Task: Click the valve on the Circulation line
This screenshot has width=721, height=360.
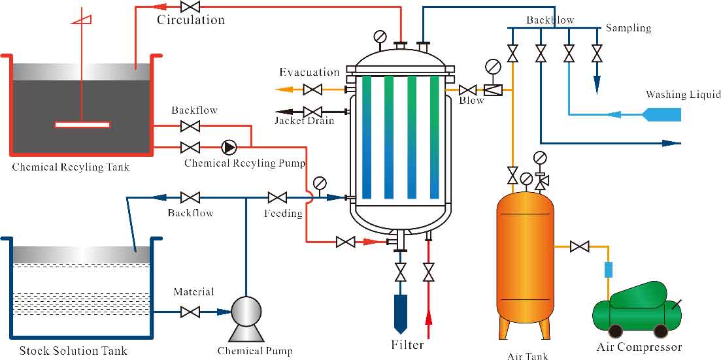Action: pyautogui.click(x=190, y=7)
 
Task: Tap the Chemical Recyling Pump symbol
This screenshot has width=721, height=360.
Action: pyautogui.click(x=229, y=146)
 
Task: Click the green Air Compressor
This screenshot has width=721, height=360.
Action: pyautogui.click(x=636, y=309)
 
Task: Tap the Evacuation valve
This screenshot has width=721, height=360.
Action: pyautogui.click(x=314, y=89)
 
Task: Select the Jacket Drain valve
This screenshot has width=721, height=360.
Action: pyautogui.click(x=314, y=112)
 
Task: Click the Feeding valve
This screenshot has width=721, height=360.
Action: pyautogui.click(x=277, y=197)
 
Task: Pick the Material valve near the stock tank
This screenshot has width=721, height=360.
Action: pyautogui.click(x=190, y=313)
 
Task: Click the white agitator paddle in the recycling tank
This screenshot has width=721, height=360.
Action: pyautogui.click(x=82, y=124)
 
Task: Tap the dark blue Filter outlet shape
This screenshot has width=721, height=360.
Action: pyautogui.click(x=400, y=313)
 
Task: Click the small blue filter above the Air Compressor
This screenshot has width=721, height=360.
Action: pyautogui.click(x=609, y=269)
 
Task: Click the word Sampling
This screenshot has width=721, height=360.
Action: pyautogui.click(x=628, y=28)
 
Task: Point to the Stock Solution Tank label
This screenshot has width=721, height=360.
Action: pyautogui.click(x=73, y=351)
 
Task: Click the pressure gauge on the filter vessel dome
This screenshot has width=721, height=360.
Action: pyautogui.click(x=380, y=36)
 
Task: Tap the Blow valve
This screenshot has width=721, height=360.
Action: pyautogui.click(x=467, y=90)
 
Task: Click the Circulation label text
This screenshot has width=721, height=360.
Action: pyautogui.click(x=190, y=20)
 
